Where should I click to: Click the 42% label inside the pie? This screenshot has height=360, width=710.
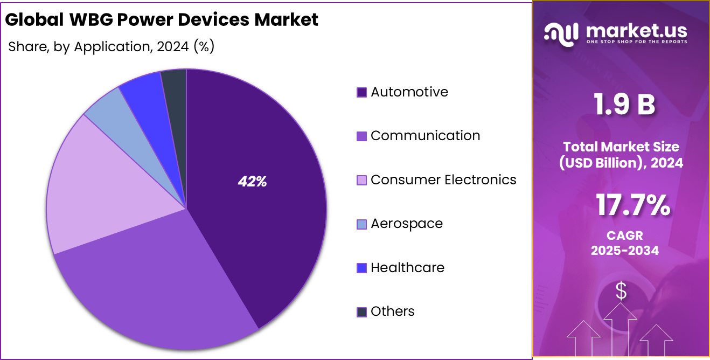pos(252,182)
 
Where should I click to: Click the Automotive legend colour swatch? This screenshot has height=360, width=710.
pos(362,93)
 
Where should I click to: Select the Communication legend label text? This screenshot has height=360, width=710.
pos(425,136)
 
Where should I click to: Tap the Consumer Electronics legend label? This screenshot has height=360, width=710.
pos(443,180)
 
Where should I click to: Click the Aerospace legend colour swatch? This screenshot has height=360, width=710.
pos(362,224)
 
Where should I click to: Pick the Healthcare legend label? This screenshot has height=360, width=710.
pos(407,268)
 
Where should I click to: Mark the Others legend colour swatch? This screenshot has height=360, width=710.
pos(362,312)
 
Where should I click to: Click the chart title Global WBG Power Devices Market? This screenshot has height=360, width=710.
pos(162,20)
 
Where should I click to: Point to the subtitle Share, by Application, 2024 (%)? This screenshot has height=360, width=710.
pos(112,47)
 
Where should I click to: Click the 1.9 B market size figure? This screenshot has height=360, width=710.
pos(624,105)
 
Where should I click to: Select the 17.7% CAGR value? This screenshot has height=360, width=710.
pos(632,206)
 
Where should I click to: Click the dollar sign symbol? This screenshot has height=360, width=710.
pos(621,292)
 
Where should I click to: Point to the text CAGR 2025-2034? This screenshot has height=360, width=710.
pos(624,243)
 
